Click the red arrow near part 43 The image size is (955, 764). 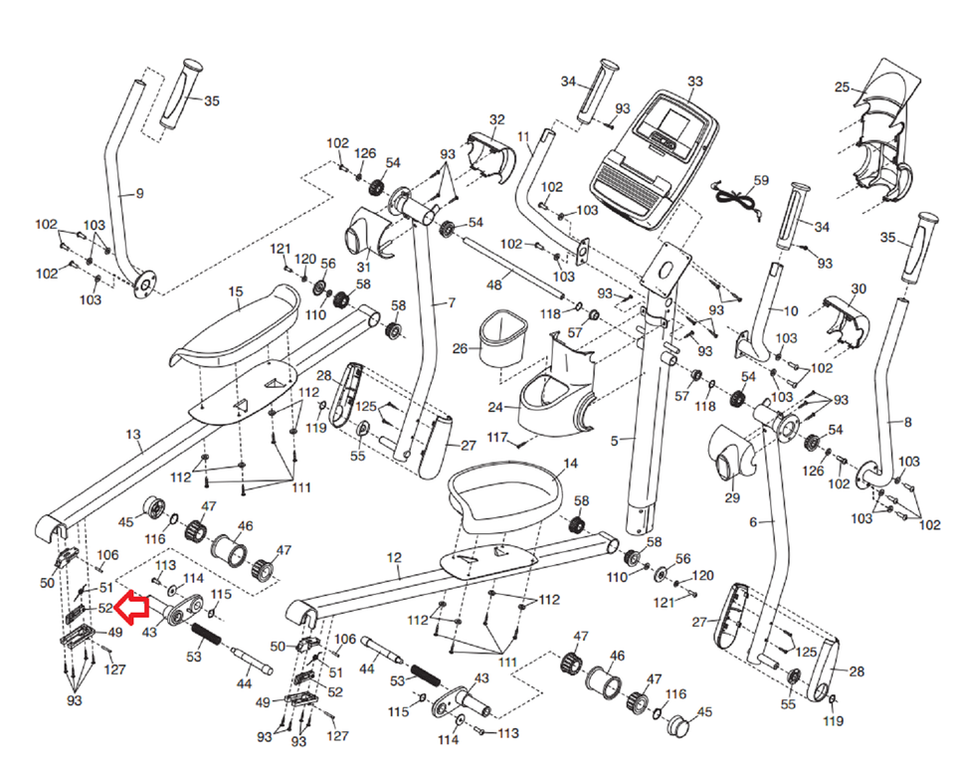[131, 604]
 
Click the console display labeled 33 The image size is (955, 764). [655, 149]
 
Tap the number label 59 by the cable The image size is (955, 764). [761, 181]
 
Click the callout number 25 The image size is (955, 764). [843, 89]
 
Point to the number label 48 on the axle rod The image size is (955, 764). [493, 286]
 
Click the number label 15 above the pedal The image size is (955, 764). [236, 291]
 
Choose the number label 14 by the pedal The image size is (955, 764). [570, 464]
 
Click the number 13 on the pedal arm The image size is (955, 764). [134, 434]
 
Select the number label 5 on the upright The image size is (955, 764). [615, 439]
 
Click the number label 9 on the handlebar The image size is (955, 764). [138, 193]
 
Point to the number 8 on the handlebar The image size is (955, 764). [906, 422]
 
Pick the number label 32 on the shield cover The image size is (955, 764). [497, 120]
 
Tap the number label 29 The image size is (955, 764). [732, 496]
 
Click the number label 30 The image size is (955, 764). [859, 288]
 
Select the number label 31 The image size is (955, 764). [363, 267]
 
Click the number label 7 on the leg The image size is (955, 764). [451, 301]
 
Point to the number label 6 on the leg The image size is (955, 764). [753, 521]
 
